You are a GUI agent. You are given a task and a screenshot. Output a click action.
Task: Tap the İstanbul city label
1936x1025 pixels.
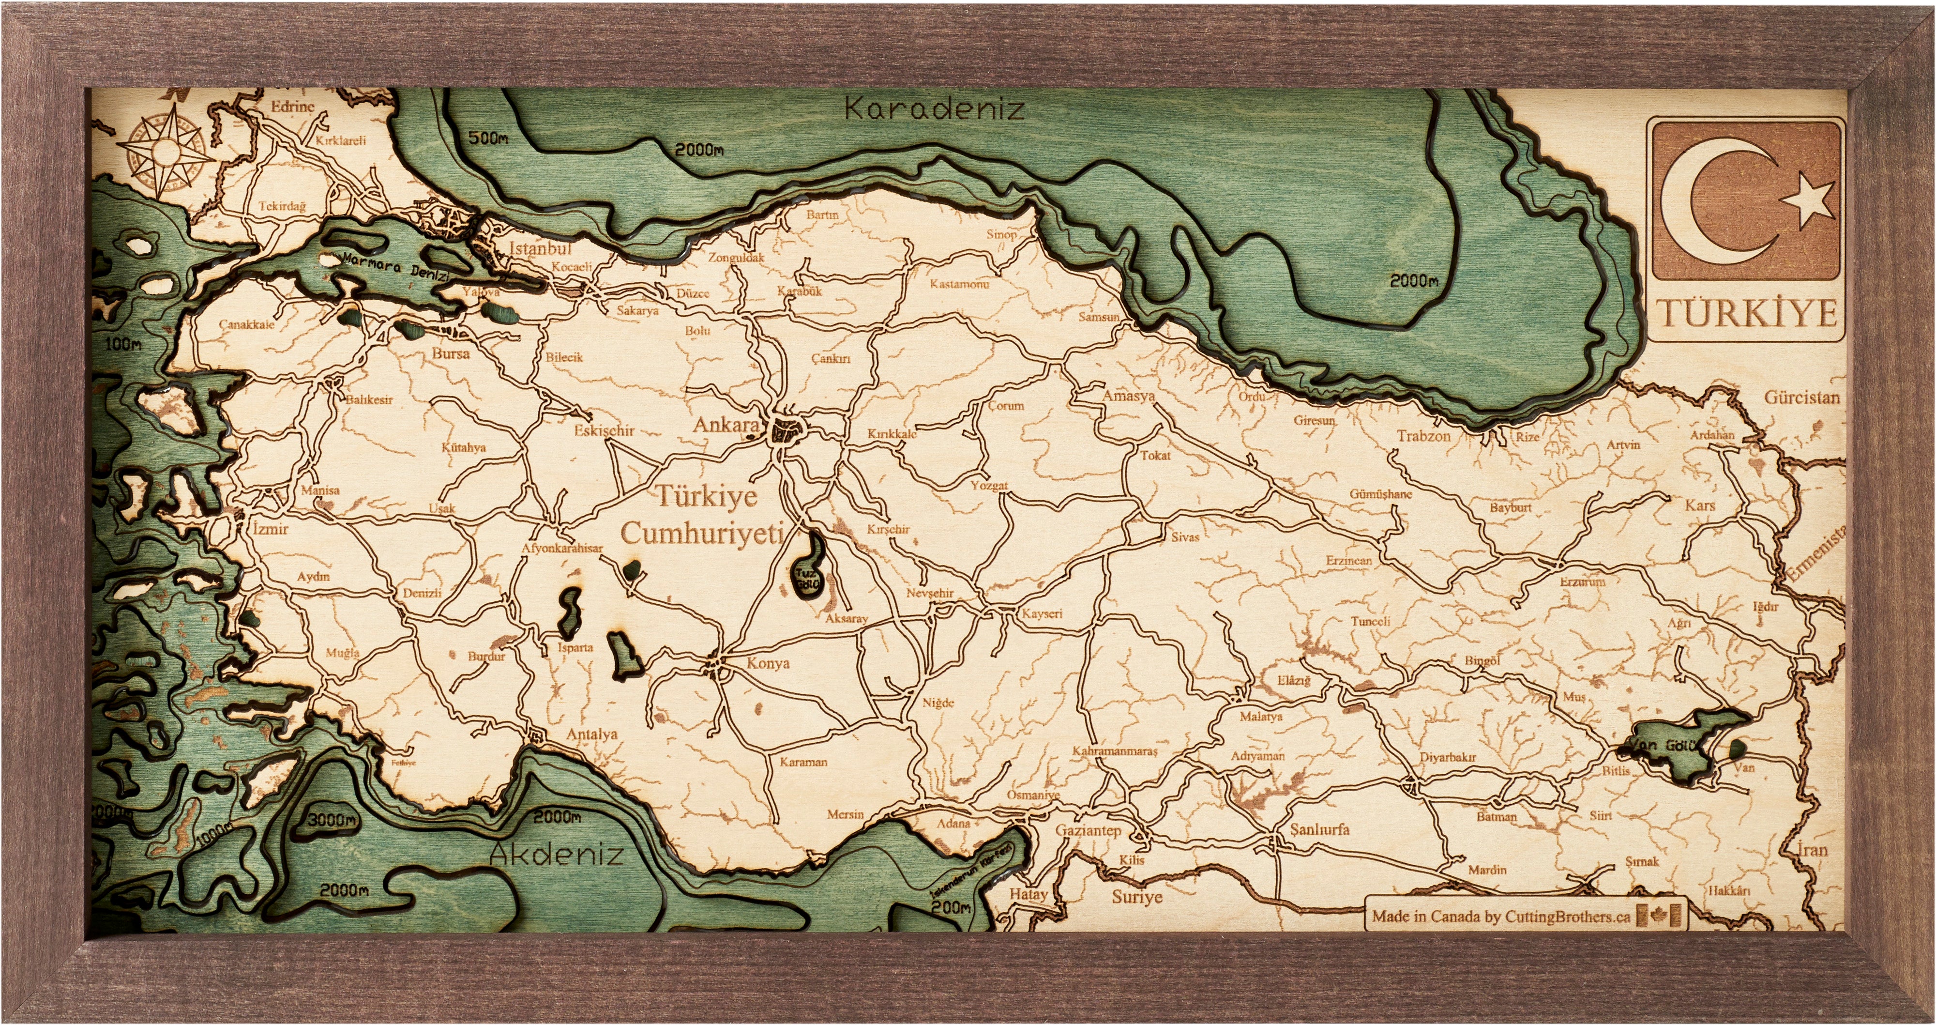tap(540, 247)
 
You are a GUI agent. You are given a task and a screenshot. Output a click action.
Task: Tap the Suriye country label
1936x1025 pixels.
tap(1137, 897)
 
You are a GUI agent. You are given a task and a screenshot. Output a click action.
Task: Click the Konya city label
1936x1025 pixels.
tap(767, 663)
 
